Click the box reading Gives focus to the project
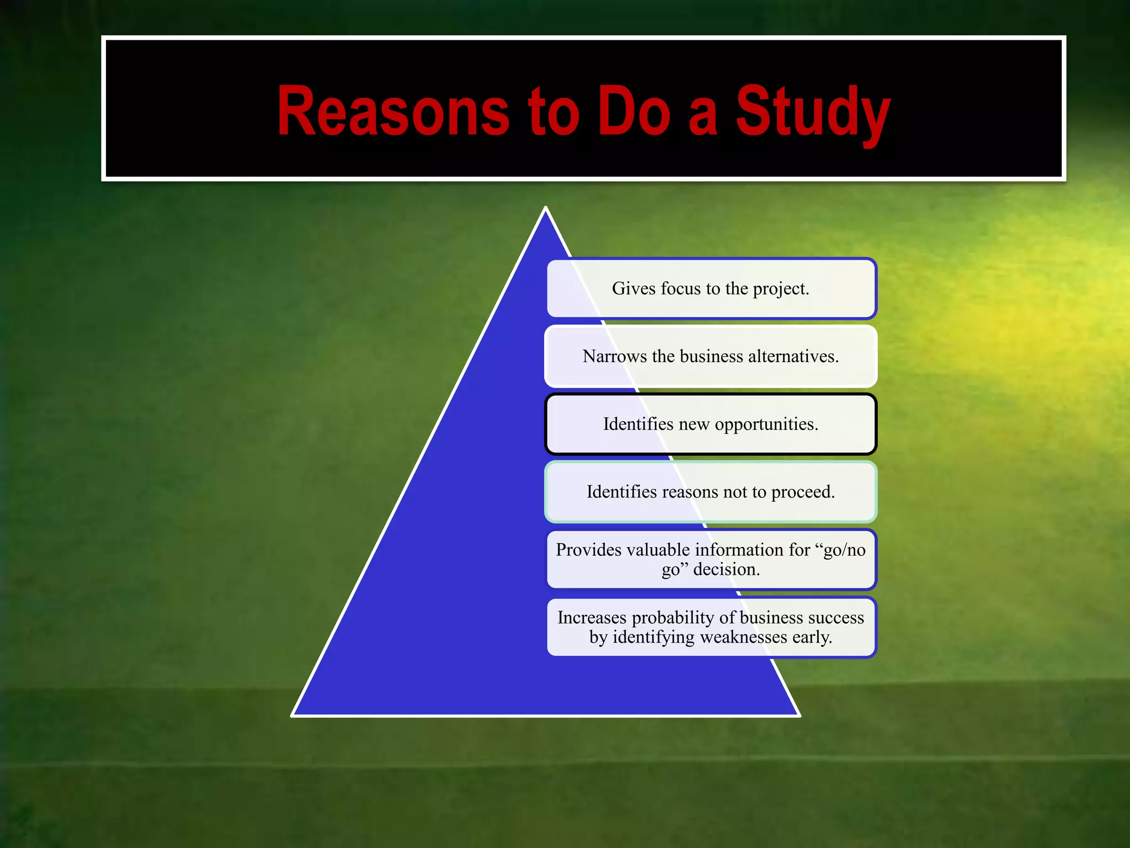[x=711, y=289]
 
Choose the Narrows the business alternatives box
[x=711, y=357]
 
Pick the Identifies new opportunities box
[x=711, y=424]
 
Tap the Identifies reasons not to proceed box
[x=711, y=492]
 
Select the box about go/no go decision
[x=711, y=559]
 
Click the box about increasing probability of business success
[x=711, y=627]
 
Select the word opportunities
[x=766, y=425]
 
